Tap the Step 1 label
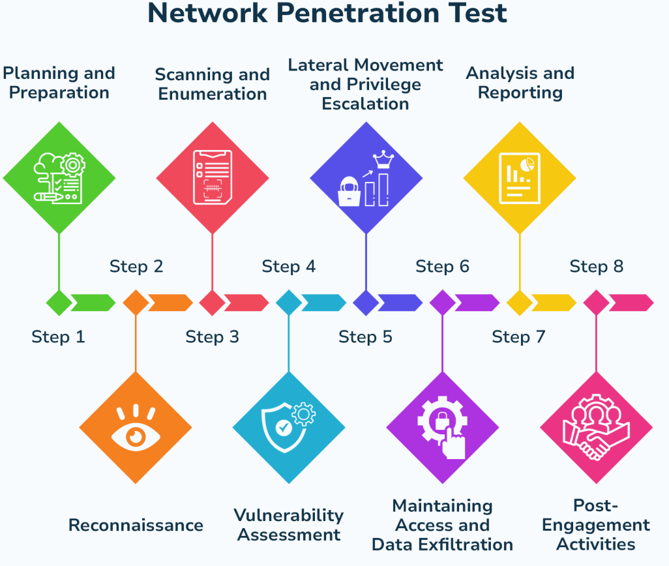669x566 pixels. pos(59,337)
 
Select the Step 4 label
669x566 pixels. pos(289,266)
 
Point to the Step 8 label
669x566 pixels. pos(597,266)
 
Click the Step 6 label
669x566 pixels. pos(443,266)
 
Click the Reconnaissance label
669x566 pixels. pos(136,525)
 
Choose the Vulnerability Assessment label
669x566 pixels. pos(289,525)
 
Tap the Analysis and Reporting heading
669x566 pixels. pos(520,83)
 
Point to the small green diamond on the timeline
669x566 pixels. pos(59,303)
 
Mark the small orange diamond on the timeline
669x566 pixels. pos(136,303)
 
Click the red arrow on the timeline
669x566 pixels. pos(246,303)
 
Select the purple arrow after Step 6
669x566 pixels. pos(477,303)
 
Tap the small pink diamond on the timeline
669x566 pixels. pos(597,303)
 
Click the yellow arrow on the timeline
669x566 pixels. pos(554,303)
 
